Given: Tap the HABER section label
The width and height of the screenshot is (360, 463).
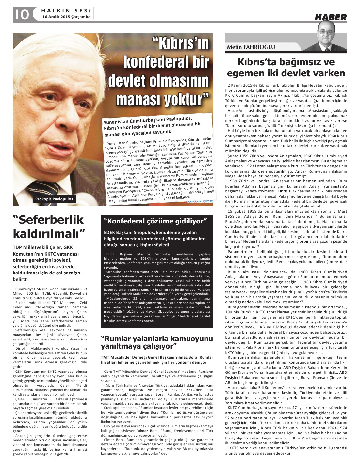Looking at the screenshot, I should click(x=330, y=17).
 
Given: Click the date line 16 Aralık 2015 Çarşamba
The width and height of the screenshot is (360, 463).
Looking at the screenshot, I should click(x=67, y=17).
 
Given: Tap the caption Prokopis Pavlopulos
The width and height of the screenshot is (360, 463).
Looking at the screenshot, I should click(x=54, y=199).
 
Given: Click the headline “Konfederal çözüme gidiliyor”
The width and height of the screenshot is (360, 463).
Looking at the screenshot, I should click(x=155, y=221).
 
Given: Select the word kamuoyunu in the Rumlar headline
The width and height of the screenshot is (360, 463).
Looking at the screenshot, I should click(x=192, y=338).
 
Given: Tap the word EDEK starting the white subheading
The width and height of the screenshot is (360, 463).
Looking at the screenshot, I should click(x=109, y=233).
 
